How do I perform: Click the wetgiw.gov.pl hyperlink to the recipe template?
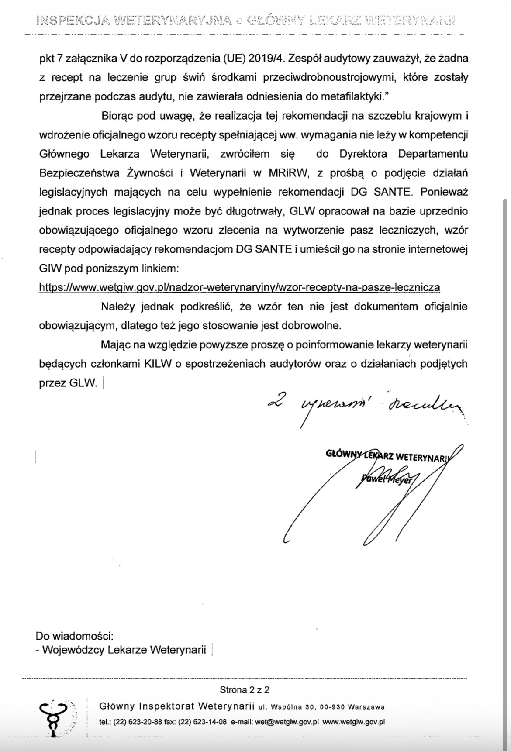[x=239, y=287]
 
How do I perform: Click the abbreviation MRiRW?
[x=289, y=173]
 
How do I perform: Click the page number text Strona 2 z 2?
[x=245, y=690]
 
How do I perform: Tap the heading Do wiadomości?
[x=75, y=636]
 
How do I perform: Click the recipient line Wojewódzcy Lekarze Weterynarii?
[x=124, y=650]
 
